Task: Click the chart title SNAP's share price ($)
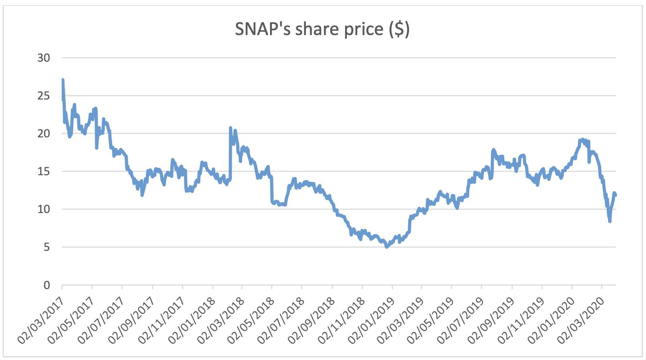[322, 29]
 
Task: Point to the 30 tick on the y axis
[44, 58]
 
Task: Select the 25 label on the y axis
[44, 96]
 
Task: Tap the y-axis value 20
[44, 133]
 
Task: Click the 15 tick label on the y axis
[44, 171]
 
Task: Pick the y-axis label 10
[44, 209]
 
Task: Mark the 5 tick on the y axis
[47, 247]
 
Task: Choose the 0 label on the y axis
[47, 285]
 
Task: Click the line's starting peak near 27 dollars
[63, 80]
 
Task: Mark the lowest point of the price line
[386, 247]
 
